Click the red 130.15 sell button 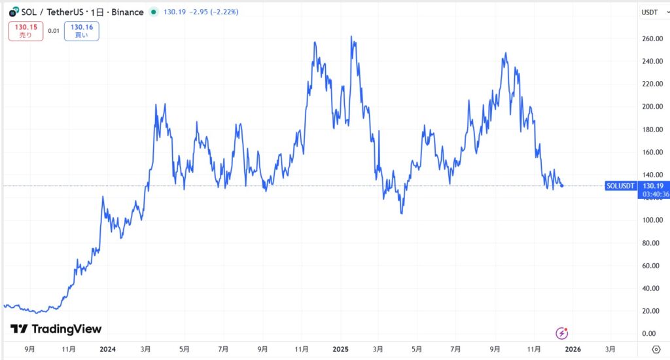click(x=26, y=31)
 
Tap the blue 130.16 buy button click(x=82, y=31)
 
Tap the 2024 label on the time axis click(x=107, y=350)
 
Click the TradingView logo click(x=56, y=329)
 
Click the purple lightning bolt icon click(x=561, y=333)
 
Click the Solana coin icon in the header click(x=14, y=12)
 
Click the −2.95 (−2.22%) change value click(x=213, y=12)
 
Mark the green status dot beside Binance click(x=153, y=12)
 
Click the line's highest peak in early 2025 click(x=353, y=37)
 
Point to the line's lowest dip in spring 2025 click(x=401, y=213)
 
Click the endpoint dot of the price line click(x=562, y=186)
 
